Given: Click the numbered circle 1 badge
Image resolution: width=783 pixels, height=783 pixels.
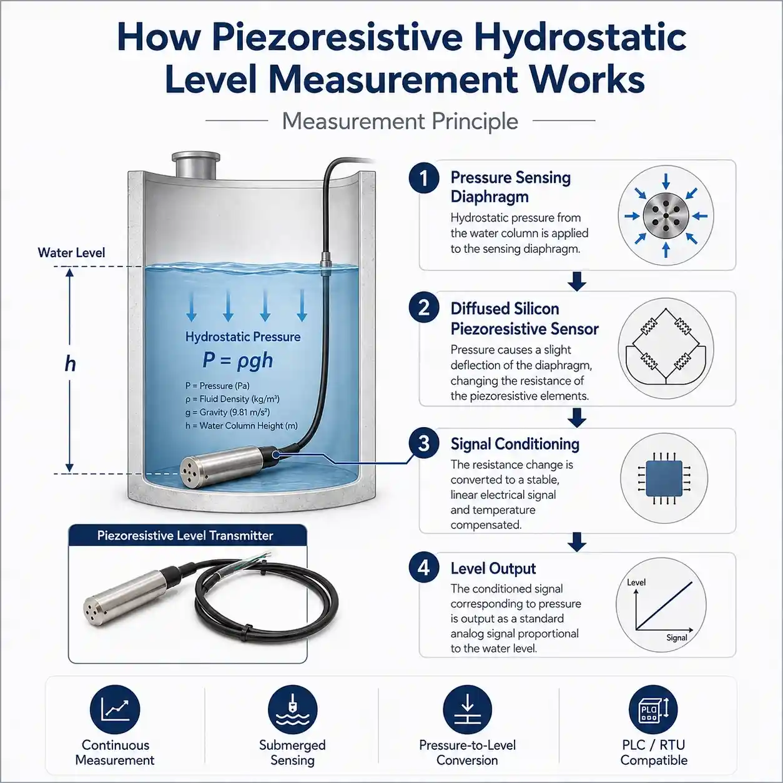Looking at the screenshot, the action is point(424,178).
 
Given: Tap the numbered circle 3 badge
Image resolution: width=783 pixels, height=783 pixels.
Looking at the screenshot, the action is point(424,443).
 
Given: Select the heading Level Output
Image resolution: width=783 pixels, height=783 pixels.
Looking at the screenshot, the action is point(493,568).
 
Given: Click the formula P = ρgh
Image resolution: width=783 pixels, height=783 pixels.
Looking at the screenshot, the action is point(238,360).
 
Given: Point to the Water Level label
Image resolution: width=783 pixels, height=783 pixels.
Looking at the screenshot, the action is point(72,253).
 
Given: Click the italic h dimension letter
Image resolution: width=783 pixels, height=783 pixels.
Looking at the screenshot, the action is point(71,363).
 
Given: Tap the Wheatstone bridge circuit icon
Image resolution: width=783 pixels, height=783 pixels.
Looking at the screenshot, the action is point(666,348).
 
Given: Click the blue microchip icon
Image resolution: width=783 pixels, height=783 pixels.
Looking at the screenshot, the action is point(664,479).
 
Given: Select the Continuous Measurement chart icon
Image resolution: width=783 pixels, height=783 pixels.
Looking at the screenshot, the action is point(115,710).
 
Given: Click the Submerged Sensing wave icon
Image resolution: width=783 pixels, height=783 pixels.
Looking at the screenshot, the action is point(293,710).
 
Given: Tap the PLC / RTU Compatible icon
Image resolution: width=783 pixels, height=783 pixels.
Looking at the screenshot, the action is point(653,710).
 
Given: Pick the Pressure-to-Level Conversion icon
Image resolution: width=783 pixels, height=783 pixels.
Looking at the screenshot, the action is point(467,710).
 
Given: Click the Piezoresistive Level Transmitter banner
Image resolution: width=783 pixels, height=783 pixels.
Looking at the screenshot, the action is point(187,536).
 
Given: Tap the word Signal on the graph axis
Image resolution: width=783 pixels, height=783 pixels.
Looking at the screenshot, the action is point(677,638).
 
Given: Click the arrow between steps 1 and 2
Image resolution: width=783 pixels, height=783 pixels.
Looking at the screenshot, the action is point(576,281).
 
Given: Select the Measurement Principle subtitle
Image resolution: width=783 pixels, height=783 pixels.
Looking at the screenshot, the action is point(400,121).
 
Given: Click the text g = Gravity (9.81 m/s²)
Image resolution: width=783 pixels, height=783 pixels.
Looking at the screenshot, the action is point(227,412).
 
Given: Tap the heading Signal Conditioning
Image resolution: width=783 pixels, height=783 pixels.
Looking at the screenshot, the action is point(515,444).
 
